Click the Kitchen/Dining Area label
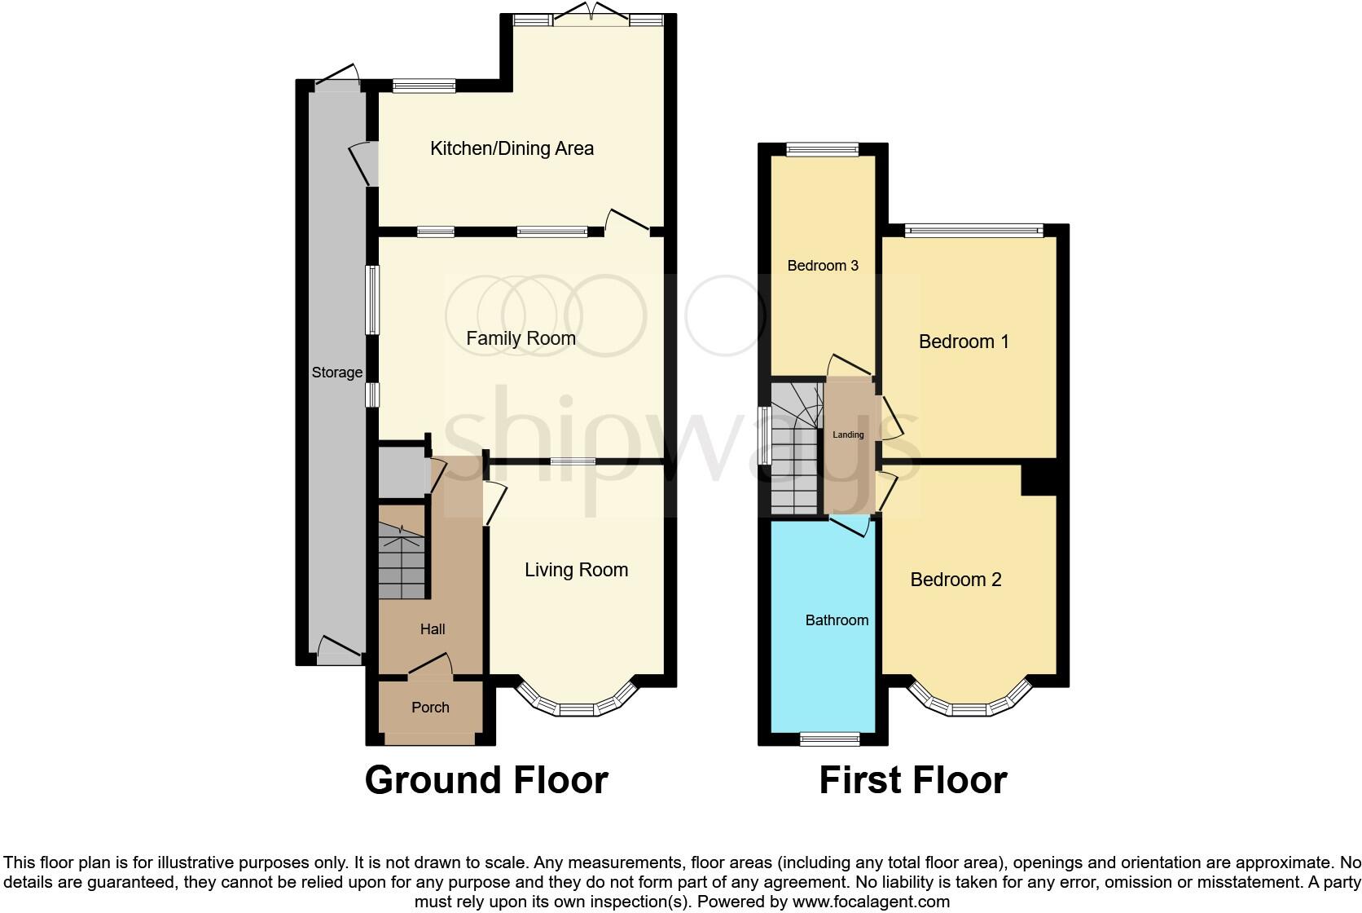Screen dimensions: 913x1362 (x=512, y=148)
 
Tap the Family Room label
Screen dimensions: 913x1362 (x=521, y=338)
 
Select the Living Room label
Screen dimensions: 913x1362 (x=576, y=570)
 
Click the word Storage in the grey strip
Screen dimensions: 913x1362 (x=336, y=373)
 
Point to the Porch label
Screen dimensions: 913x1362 (x=430, y=708)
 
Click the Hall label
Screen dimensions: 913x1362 (x=433, y=629)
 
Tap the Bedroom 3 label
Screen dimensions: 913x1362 (x=823, y=266)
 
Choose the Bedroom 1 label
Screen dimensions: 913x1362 (x=964, y=342)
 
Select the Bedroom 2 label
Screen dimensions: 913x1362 (x=956, y=580)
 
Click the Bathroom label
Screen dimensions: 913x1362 (x=837, y=620)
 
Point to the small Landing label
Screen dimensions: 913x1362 (x=848, y=435)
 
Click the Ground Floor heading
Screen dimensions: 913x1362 (x=486, y=780)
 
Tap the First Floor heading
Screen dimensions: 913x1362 (x=912, y=780)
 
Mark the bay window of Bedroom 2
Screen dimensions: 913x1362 (x=969, y=707)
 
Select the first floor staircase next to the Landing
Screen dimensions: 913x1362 (x=794, y=465)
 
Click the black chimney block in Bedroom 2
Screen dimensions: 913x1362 (x=1039, y=479)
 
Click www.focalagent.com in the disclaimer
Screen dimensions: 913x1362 (x=871, y=902)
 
